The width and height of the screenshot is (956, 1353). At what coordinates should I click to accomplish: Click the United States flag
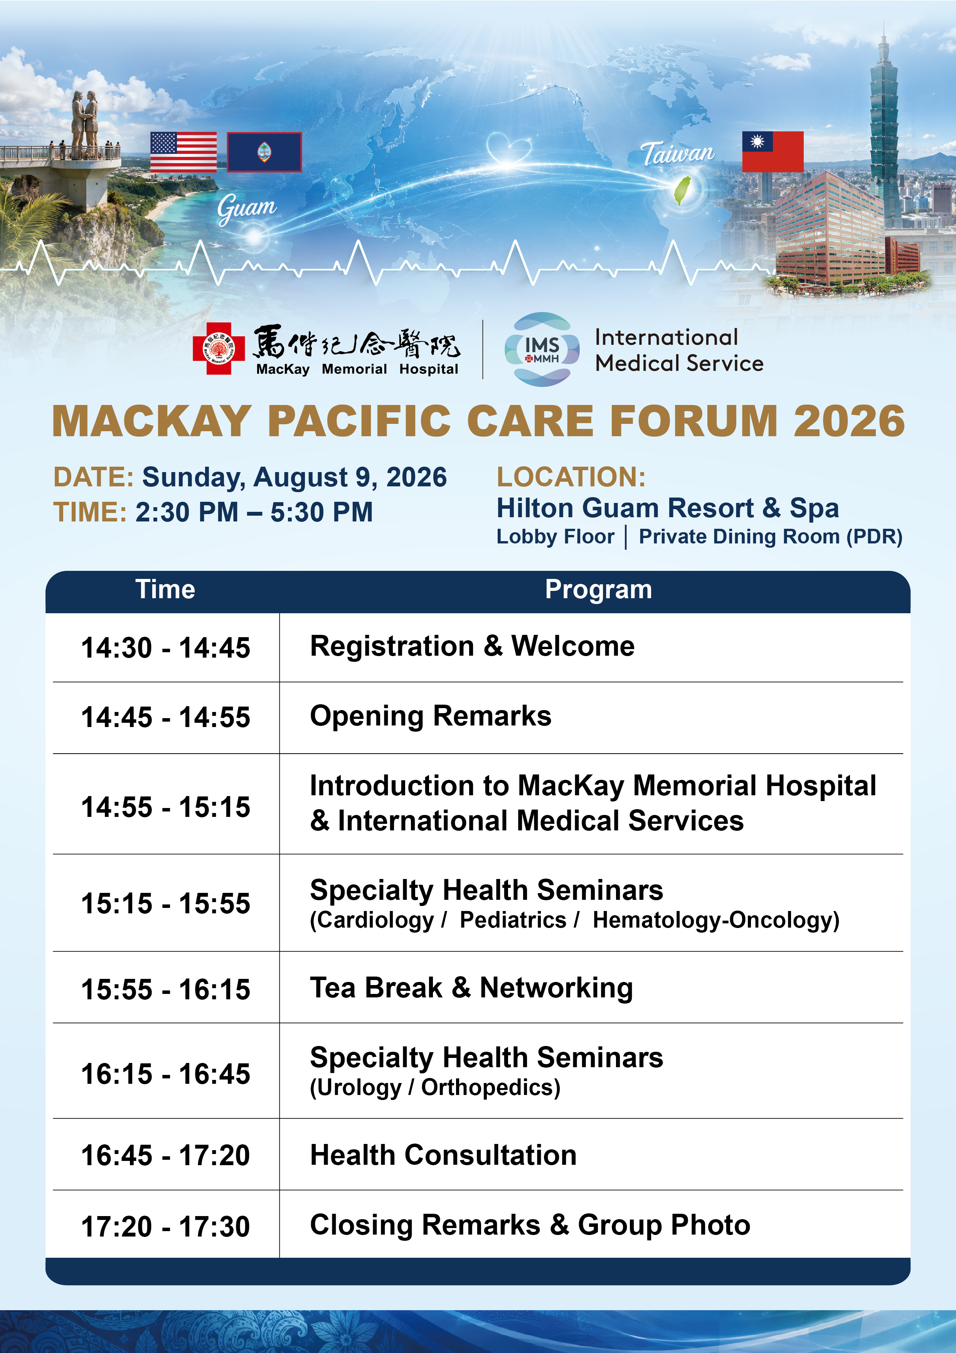pos(183,152)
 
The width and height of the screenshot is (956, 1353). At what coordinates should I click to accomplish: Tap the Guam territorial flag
pos(264,152)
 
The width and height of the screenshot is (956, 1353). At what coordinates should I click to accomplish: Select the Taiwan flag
pos(772,152)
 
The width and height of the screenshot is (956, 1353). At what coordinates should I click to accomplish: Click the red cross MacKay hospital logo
pos(219,348)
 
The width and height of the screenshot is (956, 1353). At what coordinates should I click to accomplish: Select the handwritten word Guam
pos(246,208)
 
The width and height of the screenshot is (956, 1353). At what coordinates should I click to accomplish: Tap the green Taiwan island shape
pos(682,191)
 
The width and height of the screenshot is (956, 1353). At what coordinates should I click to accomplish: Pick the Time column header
pos(165,589)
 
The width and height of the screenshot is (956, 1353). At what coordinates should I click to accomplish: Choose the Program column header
pos(598,590)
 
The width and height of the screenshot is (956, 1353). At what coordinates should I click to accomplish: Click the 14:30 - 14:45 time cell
pos(165,648)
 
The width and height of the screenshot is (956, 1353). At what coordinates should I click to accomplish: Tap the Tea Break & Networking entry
pos(471,988)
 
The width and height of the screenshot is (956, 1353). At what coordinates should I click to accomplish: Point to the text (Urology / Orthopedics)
pos(435,1088)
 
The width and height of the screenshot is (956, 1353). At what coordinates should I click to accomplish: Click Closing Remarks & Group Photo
pos(530,1225)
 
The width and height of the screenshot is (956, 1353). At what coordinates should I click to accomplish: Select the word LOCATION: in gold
pos(571,477)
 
